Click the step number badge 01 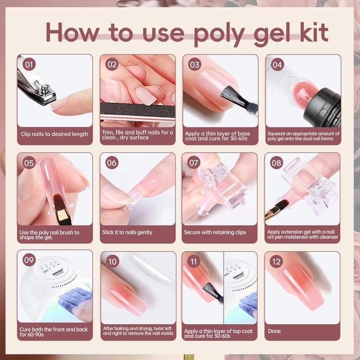(x=29, y=64)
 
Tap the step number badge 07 (x=193, y=162)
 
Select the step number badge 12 (x=276, y=261)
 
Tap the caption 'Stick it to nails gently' (x=127, y=232)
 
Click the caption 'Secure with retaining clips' (x=215, y=232)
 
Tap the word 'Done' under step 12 (x=274, y=331)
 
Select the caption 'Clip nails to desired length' (x=54, y=134)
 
